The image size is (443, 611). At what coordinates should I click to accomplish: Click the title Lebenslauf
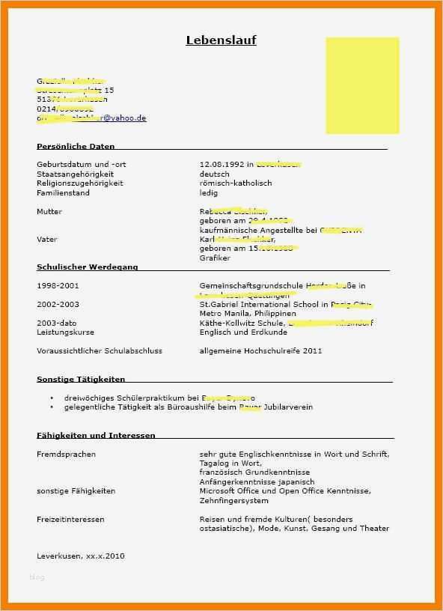(x=221, y=40)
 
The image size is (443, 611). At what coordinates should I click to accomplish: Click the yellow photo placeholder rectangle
(x=362, y=85)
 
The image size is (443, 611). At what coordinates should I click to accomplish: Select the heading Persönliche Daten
(x=76, y=147)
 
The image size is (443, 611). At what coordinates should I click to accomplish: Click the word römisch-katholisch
(x=236, y=183)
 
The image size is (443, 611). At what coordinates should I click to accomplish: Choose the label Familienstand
(x=63, y=193)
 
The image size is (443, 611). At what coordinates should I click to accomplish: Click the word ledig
(x=209, y=193)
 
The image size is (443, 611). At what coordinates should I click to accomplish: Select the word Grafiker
(x=215, y=258)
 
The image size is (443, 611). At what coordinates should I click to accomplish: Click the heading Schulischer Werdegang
(x=87, y=267)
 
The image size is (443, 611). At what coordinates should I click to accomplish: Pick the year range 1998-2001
(x=58, y=286)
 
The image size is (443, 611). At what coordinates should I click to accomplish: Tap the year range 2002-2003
(x=58, y=305)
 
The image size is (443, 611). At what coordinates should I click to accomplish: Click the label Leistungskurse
(x=66, y=332)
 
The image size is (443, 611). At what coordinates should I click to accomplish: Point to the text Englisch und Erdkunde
(x=243, y=332)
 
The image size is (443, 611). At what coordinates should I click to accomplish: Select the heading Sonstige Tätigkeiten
(x=81, y=380)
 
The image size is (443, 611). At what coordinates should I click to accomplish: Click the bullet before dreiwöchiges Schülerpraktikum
(x=52, y=398)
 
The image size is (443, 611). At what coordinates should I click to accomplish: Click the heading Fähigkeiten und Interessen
(x=96, y=436)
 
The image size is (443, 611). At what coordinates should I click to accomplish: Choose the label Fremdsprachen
(x=66, y=455)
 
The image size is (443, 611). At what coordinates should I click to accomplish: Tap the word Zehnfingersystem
(x=233, y=501)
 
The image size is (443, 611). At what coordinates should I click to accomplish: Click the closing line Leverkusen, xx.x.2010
(x=81, y=556)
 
